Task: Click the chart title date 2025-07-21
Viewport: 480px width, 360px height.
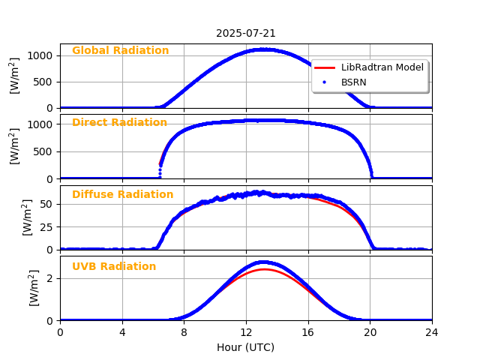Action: pos(246,33)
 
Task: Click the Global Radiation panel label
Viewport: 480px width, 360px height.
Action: pos(120,51)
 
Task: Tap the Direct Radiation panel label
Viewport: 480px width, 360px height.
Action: pos(119,123)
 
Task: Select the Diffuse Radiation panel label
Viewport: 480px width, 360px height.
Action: pos(122,195)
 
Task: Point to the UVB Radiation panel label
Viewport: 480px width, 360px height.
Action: pos(114,267)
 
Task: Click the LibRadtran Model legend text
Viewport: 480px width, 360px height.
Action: pos(382,67)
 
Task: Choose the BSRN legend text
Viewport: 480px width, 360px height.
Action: pos(354,82)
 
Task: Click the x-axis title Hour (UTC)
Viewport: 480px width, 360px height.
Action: pos(245,347)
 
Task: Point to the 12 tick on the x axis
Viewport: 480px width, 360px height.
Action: pos(246,332)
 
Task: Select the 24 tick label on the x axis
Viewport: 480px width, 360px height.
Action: pos(432,332)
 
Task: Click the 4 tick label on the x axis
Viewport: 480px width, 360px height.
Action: pos(122,332)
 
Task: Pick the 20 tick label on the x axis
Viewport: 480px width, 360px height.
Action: pos(370,332)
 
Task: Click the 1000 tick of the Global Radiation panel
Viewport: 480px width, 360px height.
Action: pos(42,55)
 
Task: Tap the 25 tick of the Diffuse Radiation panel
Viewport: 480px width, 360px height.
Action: pos(47,226)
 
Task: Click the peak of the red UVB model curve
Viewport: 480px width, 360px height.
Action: pos(264,269)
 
